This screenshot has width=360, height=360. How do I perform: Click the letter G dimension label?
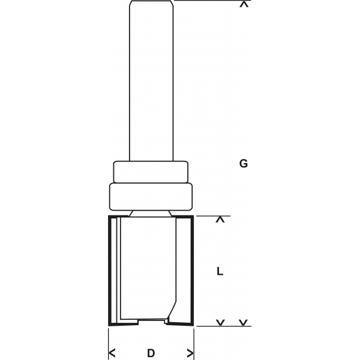pyautogui.click(x=244, y=164)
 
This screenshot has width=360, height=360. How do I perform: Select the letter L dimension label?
pyautogui.click(x=220, y=271)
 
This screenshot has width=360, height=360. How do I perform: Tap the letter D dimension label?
pyautogui.click(x=151, y=353)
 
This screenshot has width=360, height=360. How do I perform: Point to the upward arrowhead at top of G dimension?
pyautogui.click(x=244, y=4)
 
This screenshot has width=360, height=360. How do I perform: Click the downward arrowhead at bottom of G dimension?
pyautogui.click(x=244, y=323)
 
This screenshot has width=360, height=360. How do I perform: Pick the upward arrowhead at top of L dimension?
pyautogui.click(x=220, y=220)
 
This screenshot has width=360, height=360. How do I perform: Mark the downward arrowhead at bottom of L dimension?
pyautogui.click(x=220, y=323)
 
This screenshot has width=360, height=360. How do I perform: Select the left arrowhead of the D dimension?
pyautogui.click(x=112, y=353)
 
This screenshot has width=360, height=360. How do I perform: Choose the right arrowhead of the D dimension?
pyautogui.click(x=190, y=353)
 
